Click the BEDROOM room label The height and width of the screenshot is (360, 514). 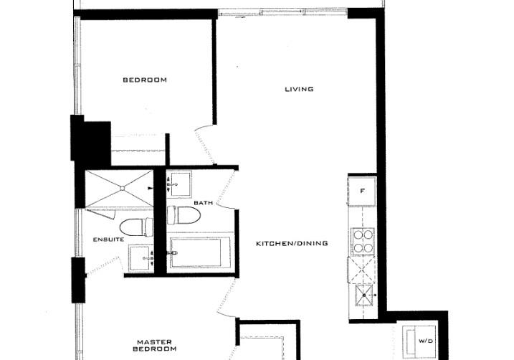coord(145,80)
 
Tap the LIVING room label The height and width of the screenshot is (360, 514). coord(299,89)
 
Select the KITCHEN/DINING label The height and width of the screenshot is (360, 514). coord(292,243)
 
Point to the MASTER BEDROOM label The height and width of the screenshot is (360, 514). coord(154,346)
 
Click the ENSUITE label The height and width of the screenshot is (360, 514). coord(108,240)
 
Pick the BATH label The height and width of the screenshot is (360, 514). coord(204,203)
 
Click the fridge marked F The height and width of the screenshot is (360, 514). coord(362,191)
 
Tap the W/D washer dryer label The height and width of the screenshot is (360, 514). coord(426,341)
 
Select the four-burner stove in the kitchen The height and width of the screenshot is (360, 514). coord(363,241)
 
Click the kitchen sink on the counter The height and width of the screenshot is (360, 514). coord(364,295)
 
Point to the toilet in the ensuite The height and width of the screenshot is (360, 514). coord(136,227)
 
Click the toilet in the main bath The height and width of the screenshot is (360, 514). coord(184,215)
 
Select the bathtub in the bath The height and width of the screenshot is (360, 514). coord(200,252)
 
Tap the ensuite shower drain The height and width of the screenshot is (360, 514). coord(122,189)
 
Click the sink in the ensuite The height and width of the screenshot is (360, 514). coord(141,258)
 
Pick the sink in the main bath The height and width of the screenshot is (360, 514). coord(179,184)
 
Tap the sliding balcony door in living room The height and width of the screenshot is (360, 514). coord(282,13)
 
